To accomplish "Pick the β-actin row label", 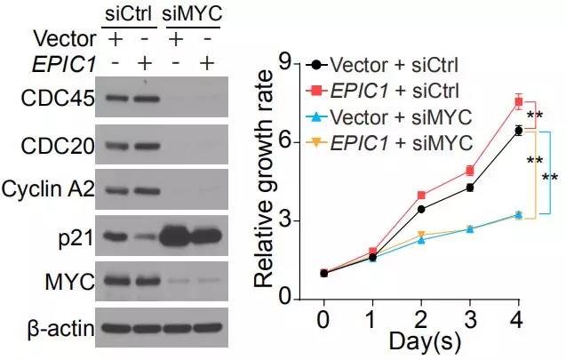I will pyautogui.click(x=55, y=330).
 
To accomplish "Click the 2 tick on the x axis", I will pyautogui.click(x=421, y=318).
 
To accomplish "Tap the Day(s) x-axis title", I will pyautogui.click(x=423, y=341).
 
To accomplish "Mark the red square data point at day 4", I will pyautogui.click(x=518, y=101).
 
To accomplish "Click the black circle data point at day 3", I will pyautogui.click(x=469, y=188).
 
